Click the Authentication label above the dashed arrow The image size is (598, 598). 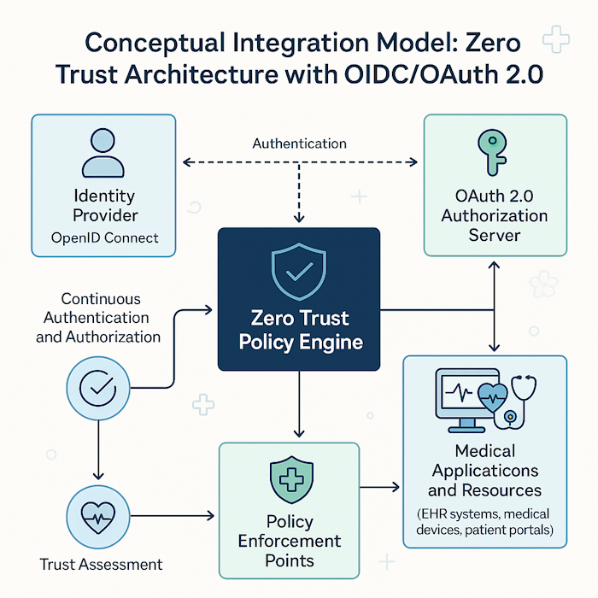click(x=299, y=144)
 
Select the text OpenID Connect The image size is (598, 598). click(x=105, y=237)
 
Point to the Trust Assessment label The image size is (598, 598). click(x=101, y=565)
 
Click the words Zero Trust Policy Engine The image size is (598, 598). click(x=298, y=331)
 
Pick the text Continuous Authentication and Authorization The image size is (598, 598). click(x=101, y=318)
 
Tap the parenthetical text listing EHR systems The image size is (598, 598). click(x=485, y=522)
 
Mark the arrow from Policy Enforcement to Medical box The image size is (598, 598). click(x=380, y=488)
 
